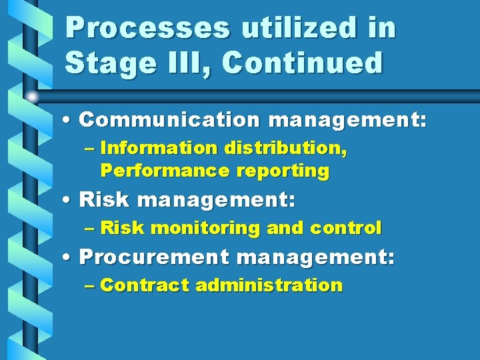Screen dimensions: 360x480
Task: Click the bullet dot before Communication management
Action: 69,121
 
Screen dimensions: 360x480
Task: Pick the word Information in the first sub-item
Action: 161,148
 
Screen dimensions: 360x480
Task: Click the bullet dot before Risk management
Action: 69,199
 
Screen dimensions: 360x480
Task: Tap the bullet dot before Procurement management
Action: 69,257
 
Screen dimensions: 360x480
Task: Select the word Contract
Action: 145,285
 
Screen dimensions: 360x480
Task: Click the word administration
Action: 269,285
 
